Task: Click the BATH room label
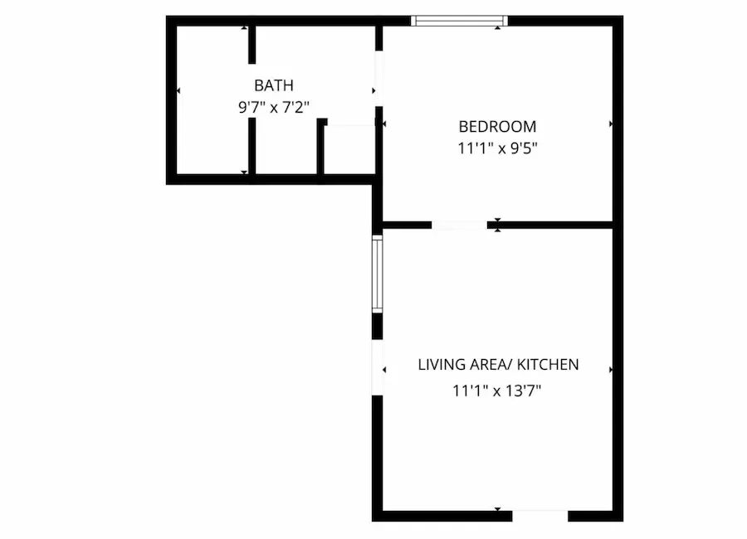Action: click(273, 85)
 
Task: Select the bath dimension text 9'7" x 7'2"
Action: click(274, 108)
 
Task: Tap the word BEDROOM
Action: click(497, 127)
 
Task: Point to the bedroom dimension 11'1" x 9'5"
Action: click(497, 148)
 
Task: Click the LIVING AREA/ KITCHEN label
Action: click(498, 365)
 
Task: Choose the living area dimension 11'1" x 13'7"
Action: click(497, 391)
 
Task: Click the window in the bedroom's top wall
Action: click(459, 21)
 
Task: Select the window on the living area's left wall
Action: click(377, 274)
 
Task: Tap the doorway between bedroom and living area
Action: click(459, 226)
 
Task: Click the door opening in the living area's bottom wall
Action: click(540, 516)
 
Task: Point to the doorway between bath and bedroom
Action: click(378, 79)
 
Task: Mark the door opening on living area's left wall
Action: click(378, 367)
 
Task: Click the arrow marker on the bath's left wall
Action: click(178, 90)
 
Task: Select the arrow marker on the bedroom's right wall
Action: click(611, 124)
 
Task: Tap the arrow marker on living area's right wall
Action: click(611, 370)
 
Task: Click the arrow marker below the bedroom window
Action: click(498, 28)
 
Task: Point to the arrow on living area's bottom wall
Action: click(498, 509)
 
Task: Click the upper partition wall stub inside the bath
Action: click(252, 45)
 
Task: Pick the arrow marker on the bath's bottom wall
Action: click(244, 172)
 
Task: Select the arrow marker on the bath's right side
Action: click(373, 90)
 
